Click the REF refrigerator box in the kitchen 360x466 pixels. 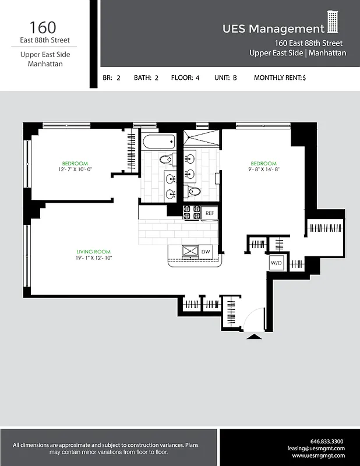click(x=210, y=214)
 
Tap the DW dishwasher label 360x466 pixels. click(x=205, y=252)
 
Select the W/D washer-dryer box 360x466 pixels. click(x=276, y=263)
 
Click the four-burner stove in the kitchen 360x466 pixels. click(x=192, y=213)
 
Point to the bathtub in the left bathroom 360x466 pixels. click(x=157, y=142)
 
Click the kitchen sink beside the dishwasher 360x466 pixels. click(x=190, y=251)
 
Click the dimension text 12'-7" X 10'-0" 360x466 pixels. click(x=75, y=170)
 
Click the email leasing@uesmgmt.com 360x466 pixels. click(x=316, y=449)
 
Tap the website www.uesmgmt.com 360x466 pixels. click(x=319, y=456)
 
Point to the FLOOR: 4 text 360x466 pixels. click(x=185, y=77)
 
